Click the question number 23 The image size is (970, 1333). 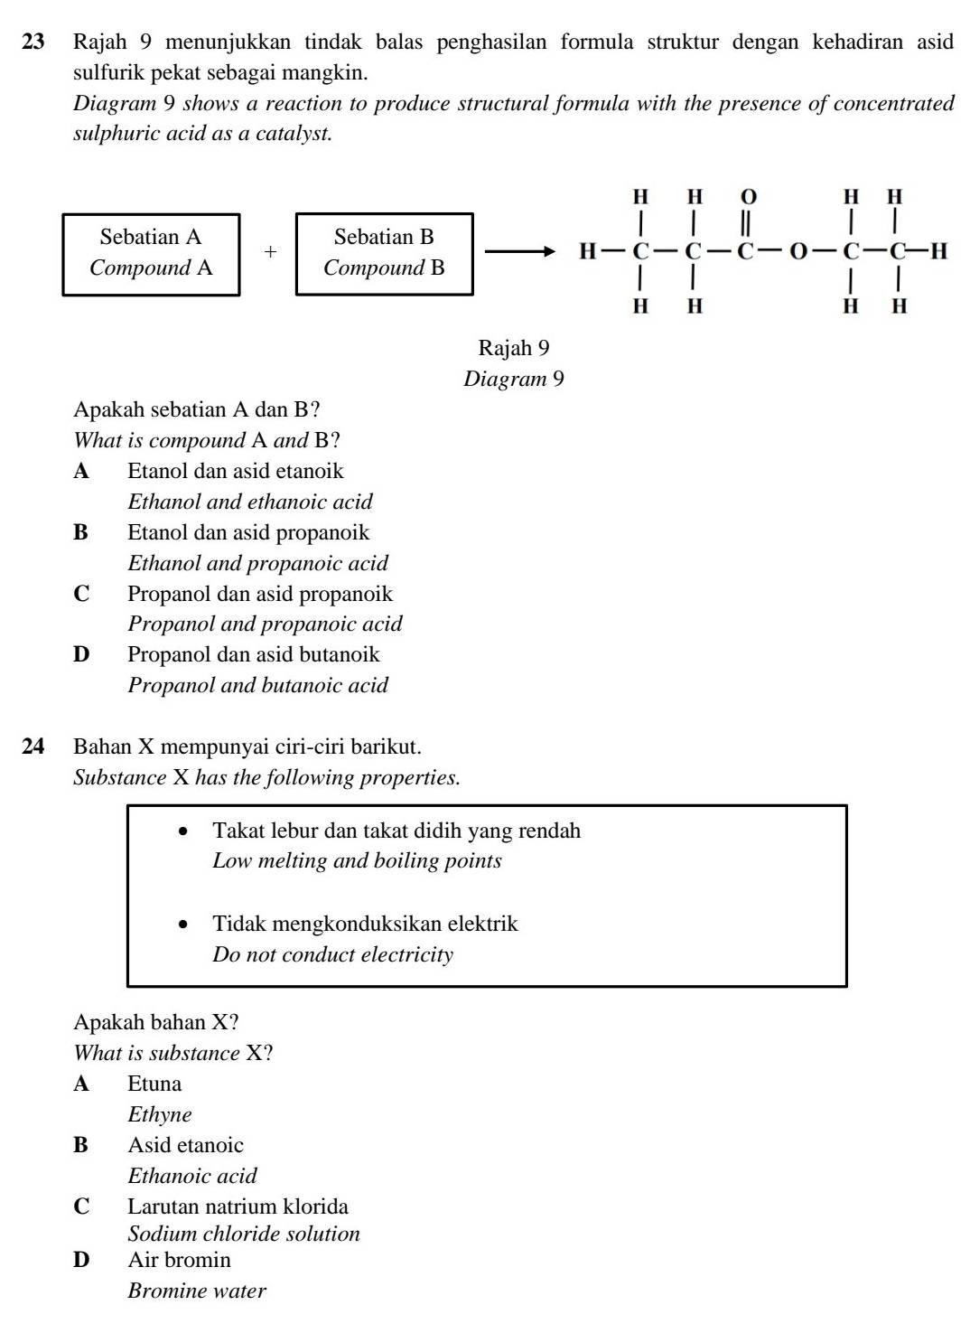coord(33,42)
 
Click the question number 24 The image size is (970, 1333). coord(33,746)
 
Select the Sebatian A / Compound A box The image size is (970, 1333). coord(151,253)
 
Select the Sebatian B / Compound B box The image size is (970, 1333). coord(384,253)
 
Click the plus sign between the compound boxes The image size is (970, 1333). coord(269,252)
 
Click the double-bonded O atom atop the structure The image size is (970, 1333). coord(749,196)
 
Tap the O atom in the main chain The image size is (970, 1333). coord(798,252)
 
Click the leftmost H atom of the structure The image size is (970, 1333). coord(587,251)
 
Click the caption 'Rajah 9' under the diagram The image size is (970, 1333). coord(513,348)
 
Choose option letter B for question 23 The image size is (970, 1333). coord(81,532)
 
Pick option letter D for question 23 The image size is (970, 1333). coord(81,654)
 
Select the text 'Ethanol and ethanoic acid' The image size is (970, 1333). coord(249,502)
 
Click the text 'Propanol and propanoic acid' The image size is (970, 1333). coord(265,624)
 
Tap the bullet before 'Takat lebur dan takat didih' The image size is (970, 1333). coord(185,831)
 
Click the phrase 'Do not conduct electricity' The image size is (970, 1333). coord(332,954)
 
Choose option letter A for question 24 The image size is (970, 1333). coord(81,1084)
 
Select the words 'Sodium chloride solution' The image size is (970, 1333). coord(244,1234)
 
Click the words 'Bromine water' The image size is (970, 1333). coord(197,1291)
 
